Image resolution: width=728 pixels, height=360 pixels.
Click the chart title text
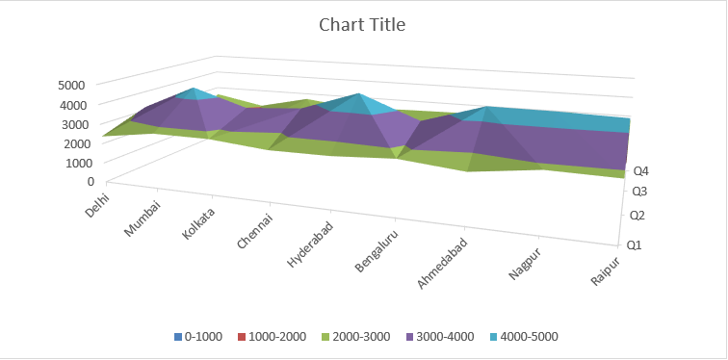click(x=362, y=25)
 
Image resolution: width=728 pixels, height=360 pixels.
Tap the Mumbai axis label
click(x=145, y=218)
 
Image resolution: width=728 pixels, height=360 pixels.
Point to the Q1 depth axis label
click(x=635, y=245)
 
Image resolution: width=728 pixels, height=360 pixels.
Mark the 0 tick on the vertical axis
click(x=91, y=181)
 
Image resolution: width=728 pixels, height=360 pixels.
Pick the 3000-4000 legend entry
click(x=439, y=337)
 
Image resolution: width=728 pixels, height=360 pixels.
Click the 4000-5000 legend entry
click(x=525, y=337)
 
